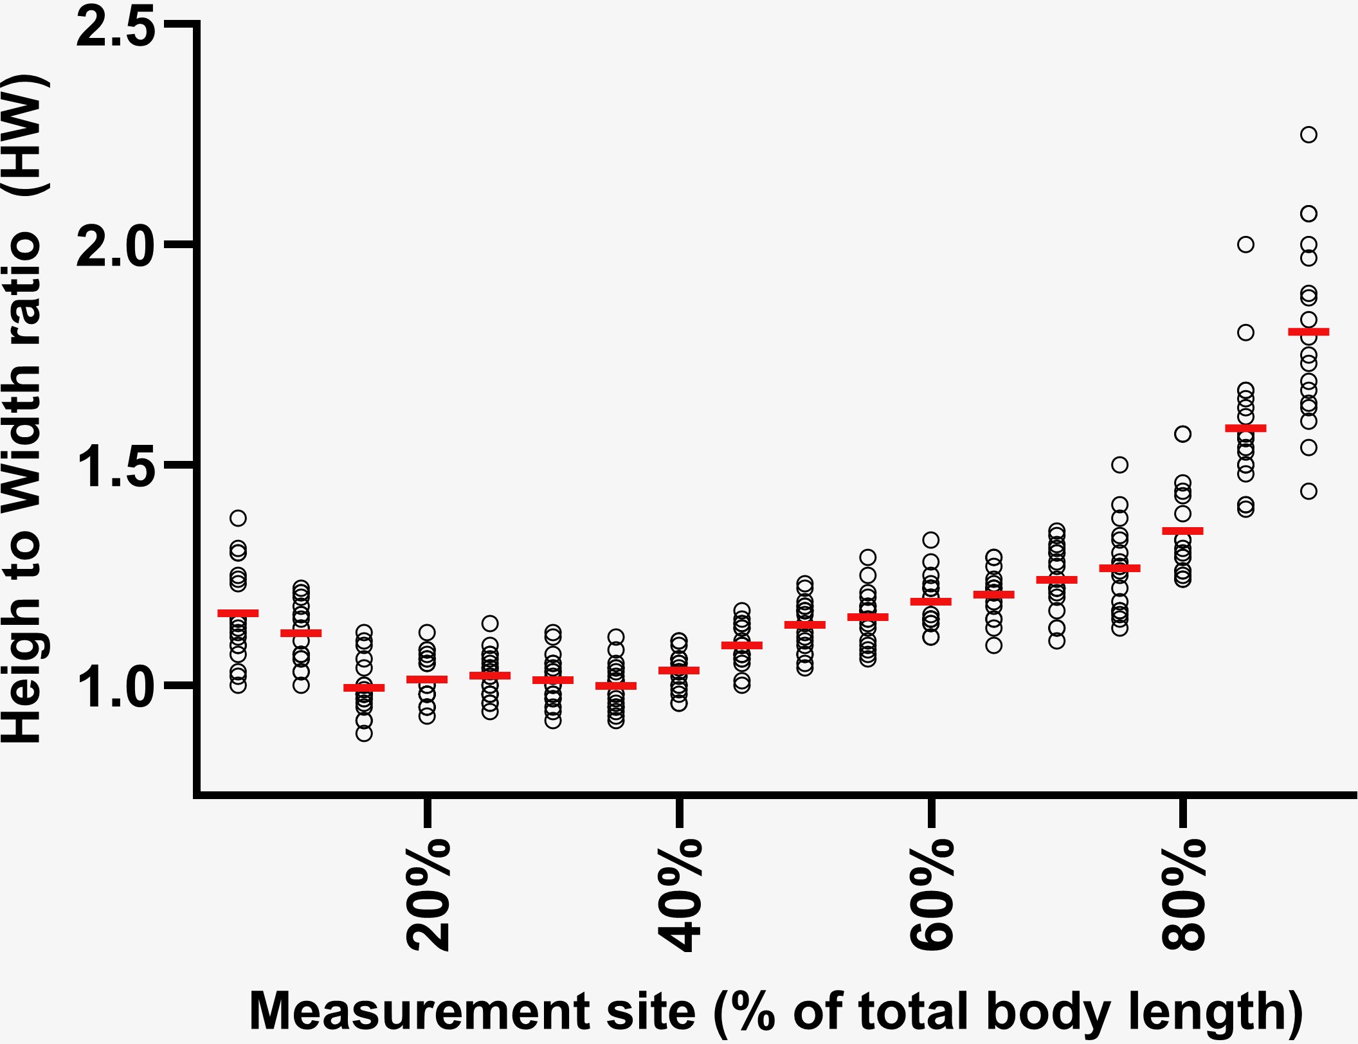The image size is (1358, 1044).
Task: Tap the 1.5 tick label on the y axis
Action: pyautogui.click(x=116, y=465)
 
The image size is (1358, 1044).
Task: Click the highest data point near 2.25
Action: pyautogui.click(x=1308, y=135)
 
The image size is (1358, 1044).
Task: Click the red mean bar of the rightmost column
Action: pyautogui.click(x=1308, y=332)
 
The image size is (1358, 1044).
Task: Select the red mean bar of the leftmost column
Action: pyautogui.click(x=238, y=613)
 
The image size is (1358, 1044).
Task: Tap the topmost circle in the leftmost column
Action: pyautogui.click(x=238, y=518)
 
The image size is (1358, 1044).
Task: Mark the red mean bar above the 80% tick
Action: pyautogui.click(x=1182, y=531)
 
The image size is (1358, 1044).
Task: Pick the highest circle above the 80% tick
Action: pyautogui.click(x=1182, y=434)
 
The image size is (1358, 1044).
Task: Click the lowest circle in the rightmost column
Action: pyautogui.click(x=1308, y=491)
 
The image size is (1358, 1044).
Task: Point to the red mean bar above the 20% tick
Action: pyautogui.click(x=427, y=679)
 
